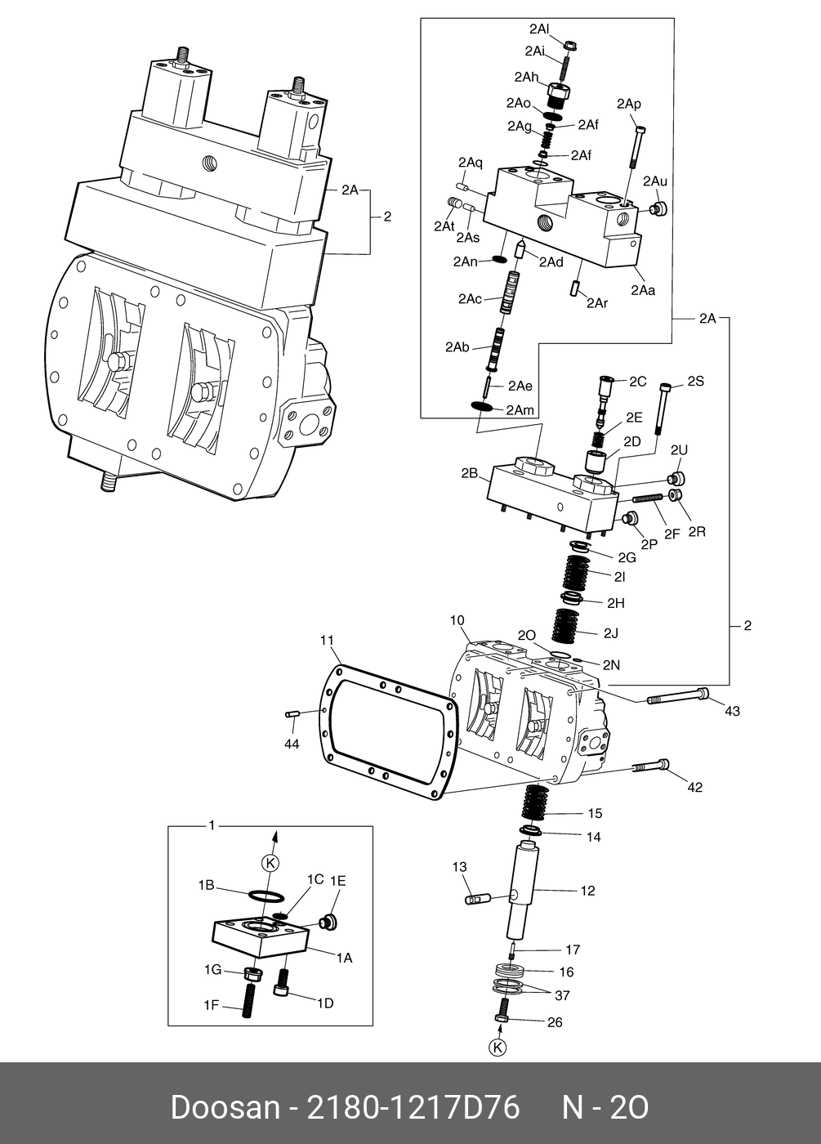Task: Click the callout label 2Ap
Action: [x=628, y=104]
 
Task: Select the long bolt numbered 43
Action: [x=678, y=696]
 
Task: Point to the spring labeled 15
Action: [x=534, y=802]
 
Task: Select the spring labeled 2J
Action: [x=569, y=625]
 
